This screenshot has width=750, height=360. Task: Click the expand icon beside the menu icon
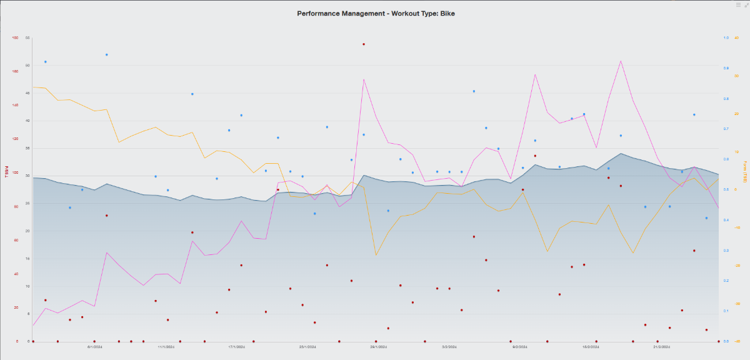746,4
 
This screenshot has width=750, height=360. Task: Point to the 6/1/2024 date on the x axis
94,346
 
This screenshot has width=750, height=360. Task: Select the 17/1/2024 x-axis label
236,346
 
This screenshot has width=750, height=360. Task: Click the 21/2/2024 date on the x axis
662,346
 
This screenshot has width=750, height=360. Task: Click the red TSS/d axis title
7,172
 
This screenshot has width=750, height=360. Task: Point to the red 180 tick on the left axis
15,37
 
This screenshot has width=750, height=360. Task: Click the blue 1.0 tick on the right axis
726,37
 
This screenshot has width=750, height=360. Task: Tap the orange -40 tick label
737,341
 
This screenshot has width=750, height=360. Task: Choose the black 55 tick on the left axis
27,37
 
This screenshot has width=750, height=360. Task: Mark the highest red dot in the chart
364,44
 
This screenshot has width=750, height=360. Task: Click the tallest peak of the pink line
621,61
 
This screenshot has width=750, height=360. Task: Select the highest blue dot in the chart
107,55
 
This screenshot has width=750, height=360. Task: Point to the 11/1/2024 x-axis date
165,346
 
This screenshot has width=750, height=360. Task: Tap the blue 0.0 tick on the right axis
726,341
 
